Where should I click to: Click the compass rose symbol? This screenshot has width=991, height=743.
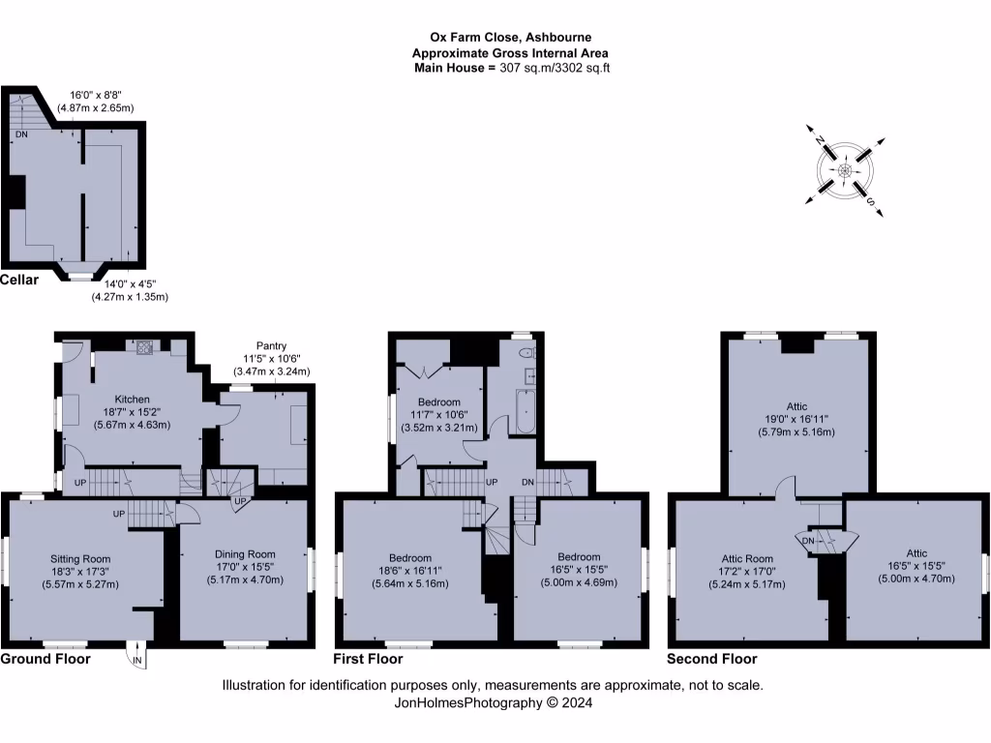pyautogui.click(x=845, y=171)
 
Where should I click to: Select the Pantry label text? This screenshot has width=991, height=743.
pyautogui.click(x=271, y=345)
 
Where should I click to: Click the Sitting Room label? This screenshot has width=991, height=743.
pyautogui.click(x=80, y=558)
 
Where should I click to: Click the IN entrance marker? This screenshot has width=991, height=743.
pyautogui.click(x=137, y=661)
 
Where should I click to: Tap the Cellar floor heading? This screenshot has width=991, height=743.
pyautogui.click(x=19, y=281)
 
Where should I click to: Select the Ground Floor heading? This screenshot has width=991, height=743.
pyautogui.click(x=45, y=659)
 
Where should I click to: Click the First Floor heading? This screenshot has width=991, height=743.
pyautogui.click(x=368, y=659)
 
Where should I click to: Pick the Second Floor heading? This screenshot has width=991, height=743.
pyautogui.click(x=712, y=659)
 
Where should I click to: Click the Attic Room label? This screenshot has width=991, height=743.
pyautogui.click(x=747, y=558)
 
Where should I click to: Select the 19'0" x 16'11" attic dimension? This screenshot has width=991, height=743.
pyautogui.click(x=797, y=419)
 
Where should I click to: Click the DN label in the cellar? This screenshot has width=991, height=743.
pyautogui.click(x=21, y=134)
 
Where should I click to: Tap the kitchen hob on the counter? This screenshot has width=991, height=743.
pyautogui.click(x=144, y=345)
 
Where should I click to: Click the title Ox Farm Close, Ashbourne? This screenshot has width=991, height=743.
pyautogui.click(x=510, y=40)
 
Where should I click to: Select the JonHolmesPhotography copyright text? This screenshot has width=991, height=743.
pyautogui.click(x=494, y=703)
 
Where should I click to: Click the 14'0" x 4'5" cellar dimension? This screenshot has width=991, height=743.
pyautogui.click(x=130, y=283)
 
